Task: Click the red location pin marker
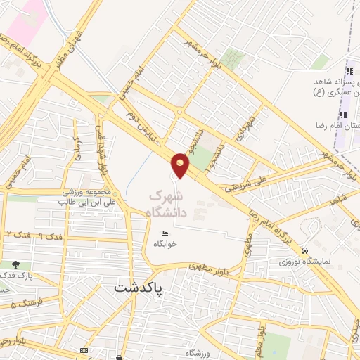tap(181, 163)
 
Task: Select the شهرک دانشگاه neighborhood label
tap(168, 202)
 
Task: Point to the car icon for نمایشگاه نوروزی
tap(304, 250)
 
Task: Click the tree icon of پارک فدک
tap(15, 264)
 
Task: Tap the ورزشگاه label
tap(199, 352)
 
